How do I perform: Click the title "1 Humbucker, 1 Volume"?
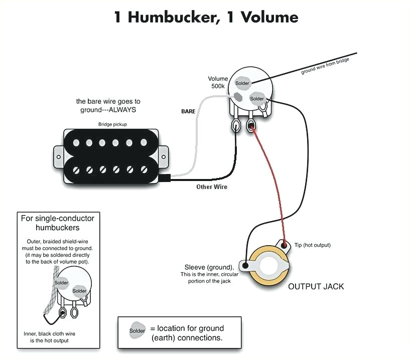(x=206, y=17)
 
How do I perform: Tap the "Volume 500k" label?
(x=218, y=82)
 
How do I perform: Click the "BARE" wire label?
(x=188, y=111)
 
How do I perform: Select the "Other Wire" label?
(x=211, y=187)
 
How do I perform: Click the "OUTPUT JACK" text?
(x=316, y=287)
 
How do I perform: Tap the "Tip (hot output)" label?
(x=312, y=245)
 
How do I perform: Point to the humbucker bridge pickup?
(x=111, y=155)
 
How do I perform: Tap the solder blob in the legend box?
(x=137, y=331)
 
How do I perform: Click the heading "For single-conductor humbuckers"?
(x=57, y=223)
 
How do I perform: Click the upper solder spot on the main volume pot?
(x=242, y=83)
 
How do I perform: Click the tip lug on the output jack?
(x=286, y=245)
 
